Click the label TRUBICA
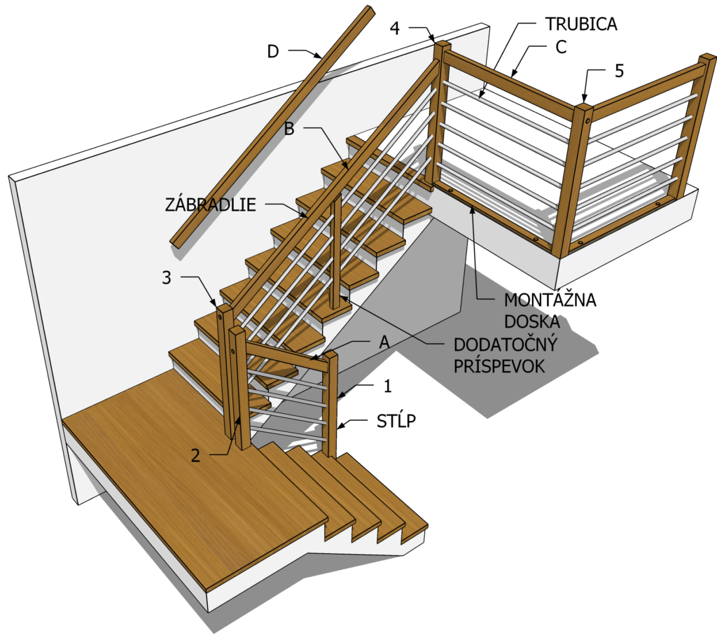click(x=580, y=24)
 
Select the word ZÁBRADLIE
click(x=210, y=204)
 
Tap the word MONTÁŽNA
click(x=550, y=300)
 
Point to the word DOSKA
click(x=532, y=322)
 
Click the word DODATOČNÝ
click(x=506, y=345)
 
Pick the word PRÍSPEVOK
click(x=499, y=366)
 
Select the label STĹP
click(x=396, y=421)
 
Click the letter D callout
click(x=273, y=52)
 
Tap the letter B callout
click(x=289, y=129)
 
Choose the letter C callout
click(x=561, y=47)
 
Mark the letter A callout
click(x=384, y=342)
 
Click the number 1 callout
click(x=388, y=387)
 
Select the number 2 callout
click(x=195, y=455)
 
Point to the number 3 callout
click(x=167, y=277)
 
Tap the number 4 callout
click(x=395, y=28)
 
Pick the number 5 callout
click(x=619, y=71)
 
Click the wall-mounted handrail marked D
click(x=272, y=127)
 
